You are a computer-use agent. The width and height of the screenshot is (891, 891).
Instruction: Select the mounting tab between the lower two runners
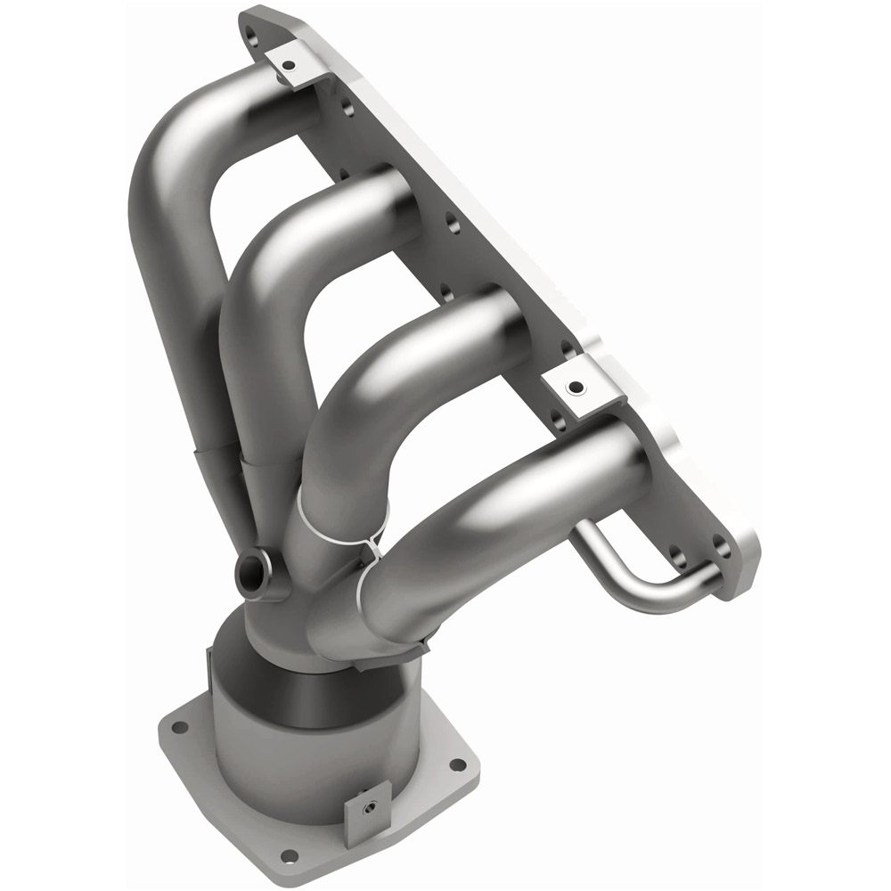point(575,386)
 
